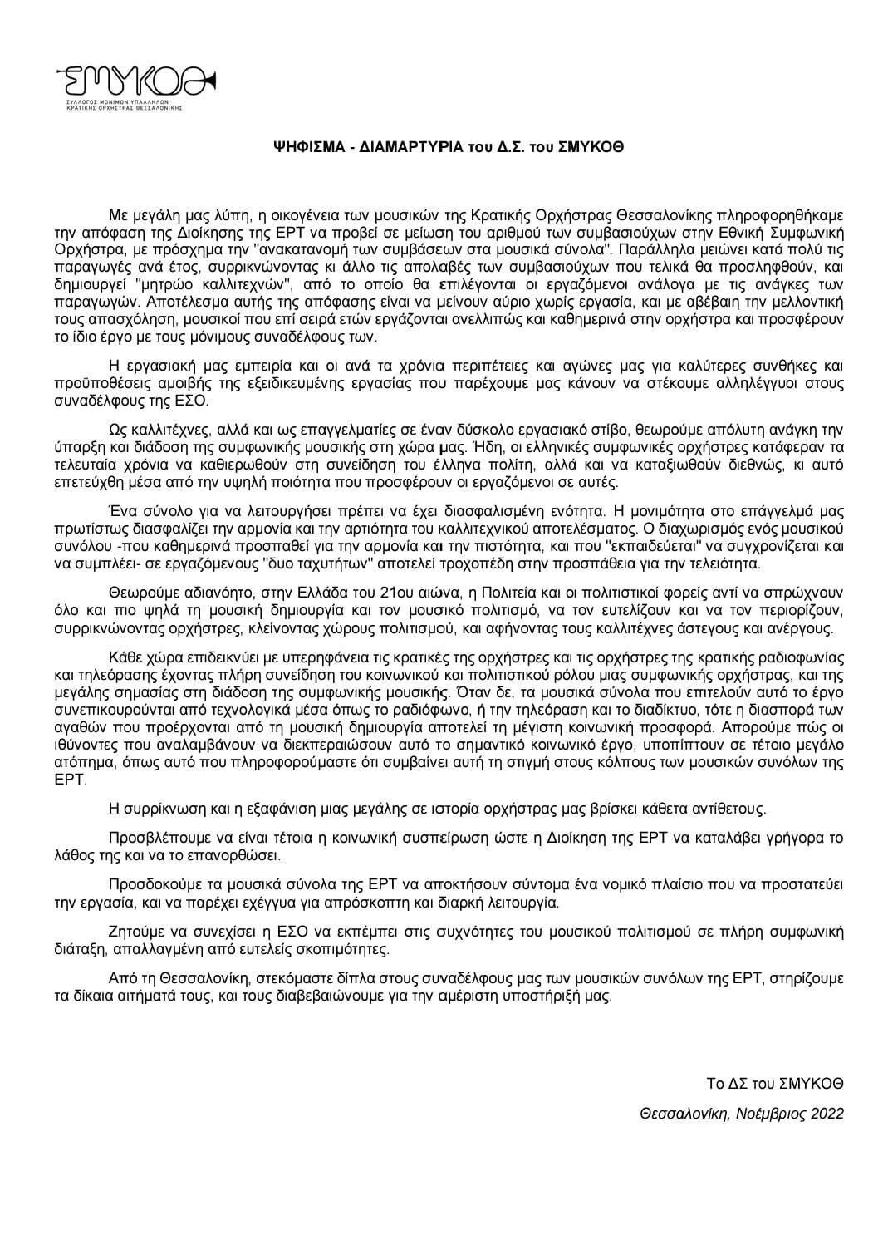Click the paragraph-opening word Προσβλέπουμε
click(151, 837)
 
